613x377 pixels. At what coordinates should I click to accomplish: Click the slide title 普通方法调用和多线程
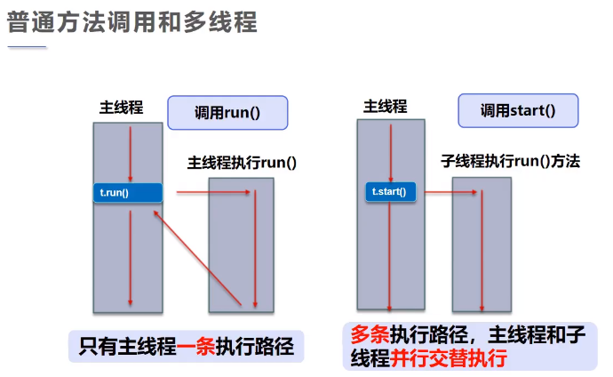click(132, 22)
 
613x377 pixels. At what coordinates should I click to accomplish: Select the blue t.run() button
click(128, 193)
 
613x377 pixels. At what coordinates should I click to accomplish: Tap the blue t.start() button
click(390, 190)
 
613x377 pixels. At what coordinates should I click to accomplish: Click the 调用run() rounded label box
click(228, 113)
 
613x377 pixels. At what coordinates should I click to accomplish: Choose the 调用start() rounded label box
click(517, 111)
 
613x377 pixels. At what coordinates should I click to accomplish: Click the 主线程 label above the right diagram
click(385, 107)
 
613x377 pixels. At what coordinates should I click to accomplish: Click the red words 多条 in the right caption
click(367, 336)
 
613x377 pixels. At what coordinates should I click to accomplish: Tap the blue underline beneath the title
click(27, 47)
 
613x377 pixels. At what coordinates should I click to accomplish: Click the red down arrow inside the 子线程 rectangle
click(482, 249)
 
